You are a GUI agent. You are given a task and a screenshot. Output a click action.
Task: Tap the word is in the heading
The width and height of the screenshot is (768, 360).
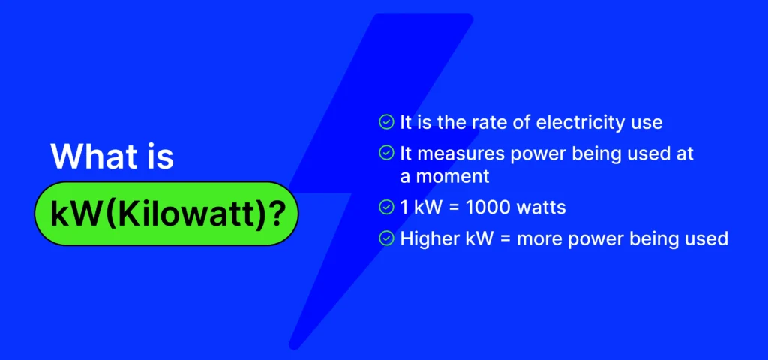(x=158, y=157)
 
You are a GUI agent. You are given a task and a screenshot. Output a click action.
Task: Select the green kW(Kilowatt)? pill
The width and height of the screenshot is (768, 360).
(x=166, y=214)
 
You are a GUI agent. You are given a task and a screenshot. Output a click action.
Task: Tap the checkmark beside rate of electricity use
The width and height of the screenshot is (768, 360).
(x=386, y=121)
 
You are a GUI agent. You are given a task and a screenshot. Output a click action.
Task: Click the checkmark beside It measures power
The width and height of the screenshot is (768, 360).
(x=386, y=154)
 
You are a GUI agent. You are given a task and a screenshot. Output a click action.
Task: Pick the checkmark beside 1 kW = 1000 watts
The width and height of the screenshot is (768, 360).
(x=386, y=206)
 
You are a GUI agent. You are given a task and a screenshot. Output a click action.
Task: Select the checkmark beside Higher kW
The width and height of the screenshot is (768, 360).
(x=386, y=238)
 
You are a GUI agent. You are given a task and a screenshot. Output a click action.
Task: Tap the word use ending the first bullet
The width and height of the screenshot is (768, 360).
(x=646, y=122)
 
